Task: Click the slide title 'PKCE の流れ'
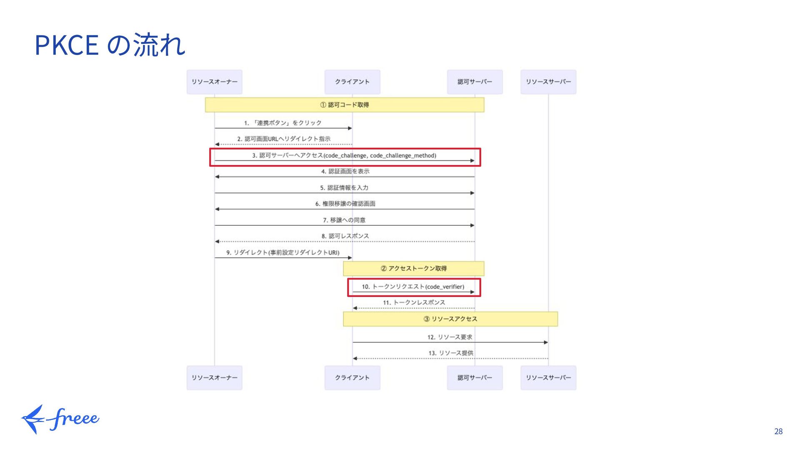click(x=110, y=45)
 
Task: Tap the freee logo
click(x=61, y=419)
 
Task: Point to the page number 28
click(x=778, y=431)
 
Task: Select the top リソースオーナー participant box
click(x=214, y=82)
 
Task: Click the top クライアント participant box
click(x=352, y=82)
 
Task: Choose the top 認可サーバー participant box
click(x=475, y=82)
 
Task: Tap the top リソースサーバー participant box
click(x=548, y=82)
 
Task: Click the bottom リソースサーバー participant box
click(x=548, y=377)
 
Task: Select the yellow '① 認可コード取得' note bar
click(x=344, y=105)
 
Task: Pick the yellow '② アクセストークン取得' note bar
click(x=413, y=268)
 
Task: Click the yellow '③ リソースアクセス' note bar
click(x=450, y=319)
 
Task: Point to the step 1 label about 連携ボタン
click(x=283, y=123)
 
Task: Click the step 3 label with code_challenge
click(x=344, y=155)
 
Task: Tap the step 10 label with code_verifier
click(x=413, y=287)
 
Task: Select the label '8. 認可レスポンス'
click(x=345, y=236)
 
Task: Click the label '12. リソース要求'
click(x=450, y=337)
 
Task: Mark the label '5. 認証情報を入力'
click(x=344, y=188)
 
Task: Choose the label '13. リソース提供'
click(x=450, y=353)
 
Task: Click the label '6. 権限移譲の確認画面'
click(x=345, y=204)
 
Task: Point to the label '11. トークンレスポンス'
click(x=414, y=302)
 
